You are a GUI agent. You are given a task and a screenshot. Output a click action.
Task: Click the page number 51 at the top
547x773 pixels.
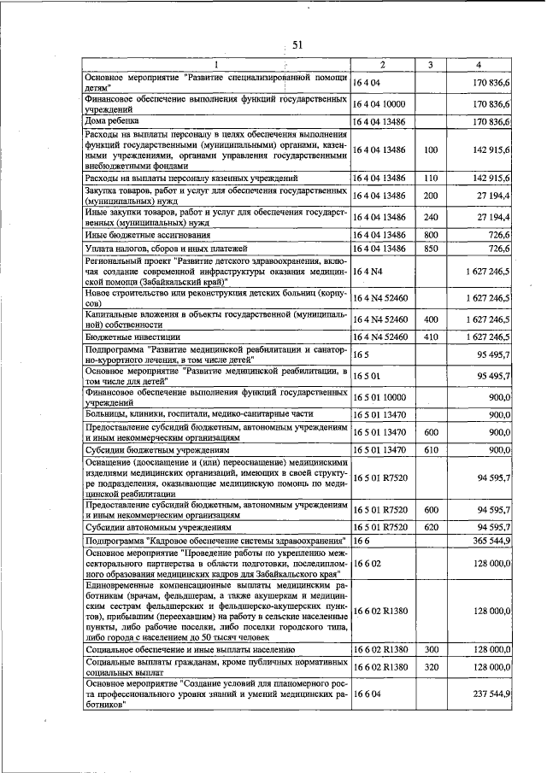coord(297,45)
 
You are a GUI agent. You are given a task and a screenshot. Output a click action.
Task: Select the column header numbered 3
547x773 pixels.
coord(431,66)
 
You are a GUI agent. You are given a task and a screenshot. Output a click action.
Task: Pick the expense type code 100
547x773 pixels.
coord(431,150)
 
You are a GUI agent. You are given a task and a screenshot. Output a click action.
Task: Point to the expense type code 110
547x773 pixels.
coord(431,178)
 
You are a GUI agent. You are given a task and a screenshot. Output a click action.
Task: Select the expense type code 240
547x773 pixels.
coord(431,218)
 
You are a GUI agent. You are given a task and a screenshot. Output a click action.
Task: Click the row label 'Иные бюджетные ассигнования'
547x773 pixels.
coord(150,234)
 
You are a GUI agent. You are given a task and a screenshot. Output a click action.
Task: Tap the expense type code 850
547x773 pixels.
coord(431,249)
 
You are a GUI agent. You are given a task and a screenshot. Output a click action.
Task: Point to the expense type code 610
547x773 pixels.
coord(431,448)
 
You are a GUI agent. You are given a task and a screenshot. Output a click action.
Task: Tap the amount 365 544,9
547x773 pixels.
coord(491,542)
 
